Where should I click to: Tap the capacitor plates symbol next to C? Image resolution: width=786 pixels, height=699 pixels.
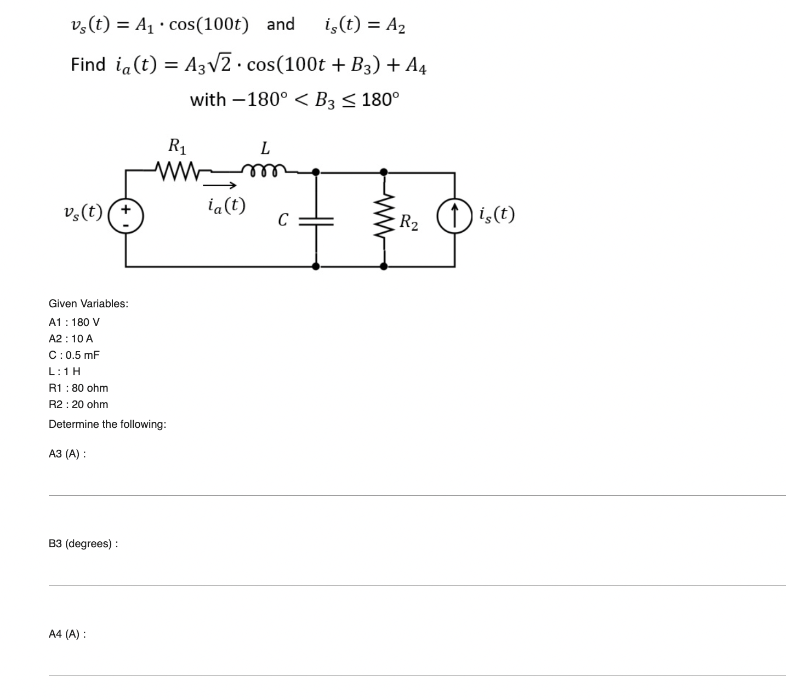[x=316, y=220]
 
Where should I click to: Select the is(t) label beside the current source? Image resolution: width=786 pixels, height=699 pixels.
[x=496, y=214]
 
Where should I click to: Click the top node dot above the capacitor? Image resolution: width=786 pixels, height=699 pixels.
[x=316, y=171]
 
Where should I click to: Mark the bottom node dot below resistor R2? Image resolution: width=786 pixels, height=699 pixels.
[x=384, y=266]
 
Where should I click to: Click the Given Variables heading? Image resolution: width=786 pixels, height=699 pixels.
[x=88, y=303]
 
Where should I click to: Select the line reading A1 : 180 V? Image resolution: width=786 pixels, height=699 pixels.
[x=74, y=322]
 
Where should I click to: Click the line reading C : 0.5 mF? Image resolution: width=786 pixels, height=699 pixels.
[x=74, y=355]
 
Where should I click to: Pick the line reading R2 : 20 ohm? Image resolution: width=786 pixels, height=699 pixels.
[x=78, y=404]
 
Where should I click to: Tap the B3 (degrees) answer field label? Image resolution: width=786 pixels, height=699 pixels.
[x=83, y=544]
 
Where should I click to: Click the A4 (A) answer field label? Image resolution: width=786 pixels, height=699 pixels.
[x=67, y=634]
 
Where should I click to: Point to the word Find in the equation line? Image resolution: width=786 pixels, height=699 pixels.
[x=88, y=65]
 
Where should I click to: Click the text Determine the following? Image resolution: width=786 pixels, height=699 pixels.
[x=107, y=424]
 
